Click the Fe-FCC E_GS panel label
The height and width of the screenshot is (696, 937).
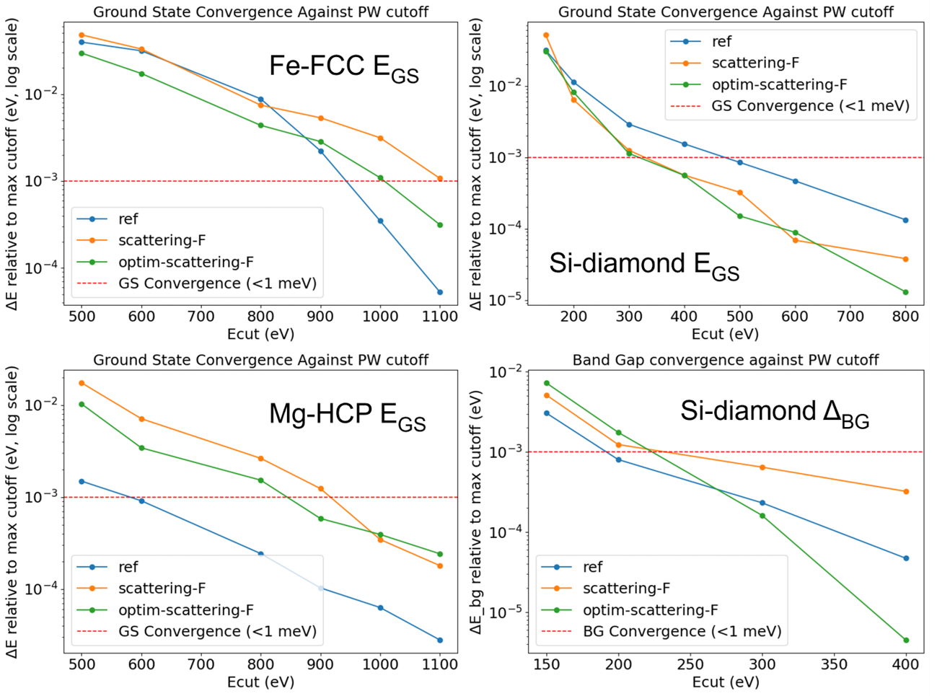coord(343,69)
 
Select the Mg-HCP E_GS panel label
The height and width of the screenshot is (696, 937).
coord(347,416)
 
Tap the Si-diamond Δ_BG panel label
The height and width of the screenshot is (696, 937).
coord(774,413)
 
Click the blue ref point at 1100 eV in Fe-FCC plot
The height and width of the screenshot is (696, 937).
coord(440,292)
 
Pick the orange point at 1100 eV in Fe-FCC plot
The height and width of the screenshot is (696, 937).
coord(440,179)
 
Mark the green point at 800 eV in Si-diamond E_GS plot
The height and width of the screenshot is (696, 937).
coord(905,292)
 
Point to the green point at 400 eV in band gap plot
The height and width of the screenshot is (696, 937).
coord(906,640)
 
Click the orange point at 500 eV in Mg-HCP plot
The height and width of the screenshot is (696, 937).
coord(82,383)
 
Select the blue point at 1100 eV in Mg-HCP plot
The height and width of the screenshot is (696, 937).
coord(440,640)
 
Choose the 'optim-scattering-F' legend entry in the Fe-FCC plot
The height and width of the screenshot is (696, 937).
coord(185,262)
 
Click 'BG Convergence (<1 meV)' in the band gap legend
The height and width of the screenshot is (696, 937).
coord(682,631)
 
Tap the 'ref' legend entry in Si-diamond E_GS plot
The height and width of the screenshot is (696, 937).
coord(721,42)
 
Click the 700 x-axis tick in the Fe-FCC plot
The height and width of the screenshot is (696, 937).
coord(201,317)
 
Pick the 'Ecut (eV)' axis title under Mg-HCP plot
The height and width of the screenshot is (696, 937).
coord(260,682)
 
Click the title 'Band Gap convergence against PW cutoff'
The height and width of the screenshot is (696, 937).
coord(726,360)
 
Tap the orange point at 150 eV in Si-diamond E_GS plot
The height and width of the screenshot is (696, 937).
coord(546,35)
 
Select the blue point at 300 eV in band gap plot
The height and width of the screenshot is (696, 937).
coord(762,503)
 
